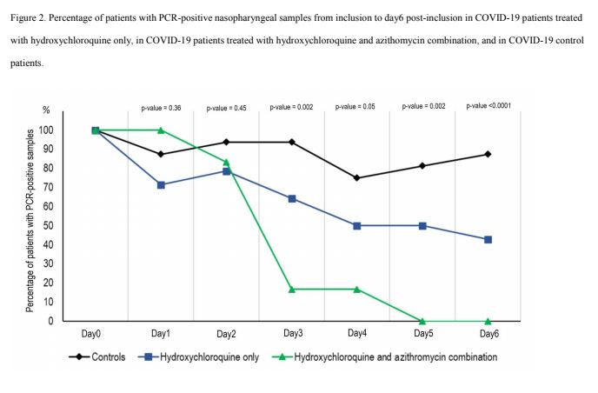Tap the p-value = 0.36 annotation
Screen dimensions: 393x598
click(x=160, y=108)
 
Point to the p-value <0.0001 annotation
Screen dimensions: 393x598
click(x=488, y=105)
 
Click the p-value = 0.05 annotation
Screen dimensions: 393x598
click(x=357, y=108)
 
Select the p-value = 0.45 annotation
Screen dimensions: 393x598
click(x=226, y=108)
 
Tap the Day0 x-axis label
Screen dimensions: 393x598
click(x=95, y=333)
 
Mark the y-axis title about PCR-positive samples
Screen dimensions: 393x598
click(x=30, y=221)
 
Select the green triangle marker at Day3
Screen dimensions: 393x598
click(x=292, y=289)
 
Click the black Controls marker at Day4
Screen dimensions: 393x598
click(x=357, y=178)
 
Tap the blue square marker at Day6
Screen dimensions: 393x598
click(x=488, y=239)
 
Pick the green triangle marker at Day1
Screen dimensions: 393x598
click(x=161, y=130)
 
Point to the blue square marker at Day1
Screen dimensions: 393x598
click(x=161, y=184)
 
